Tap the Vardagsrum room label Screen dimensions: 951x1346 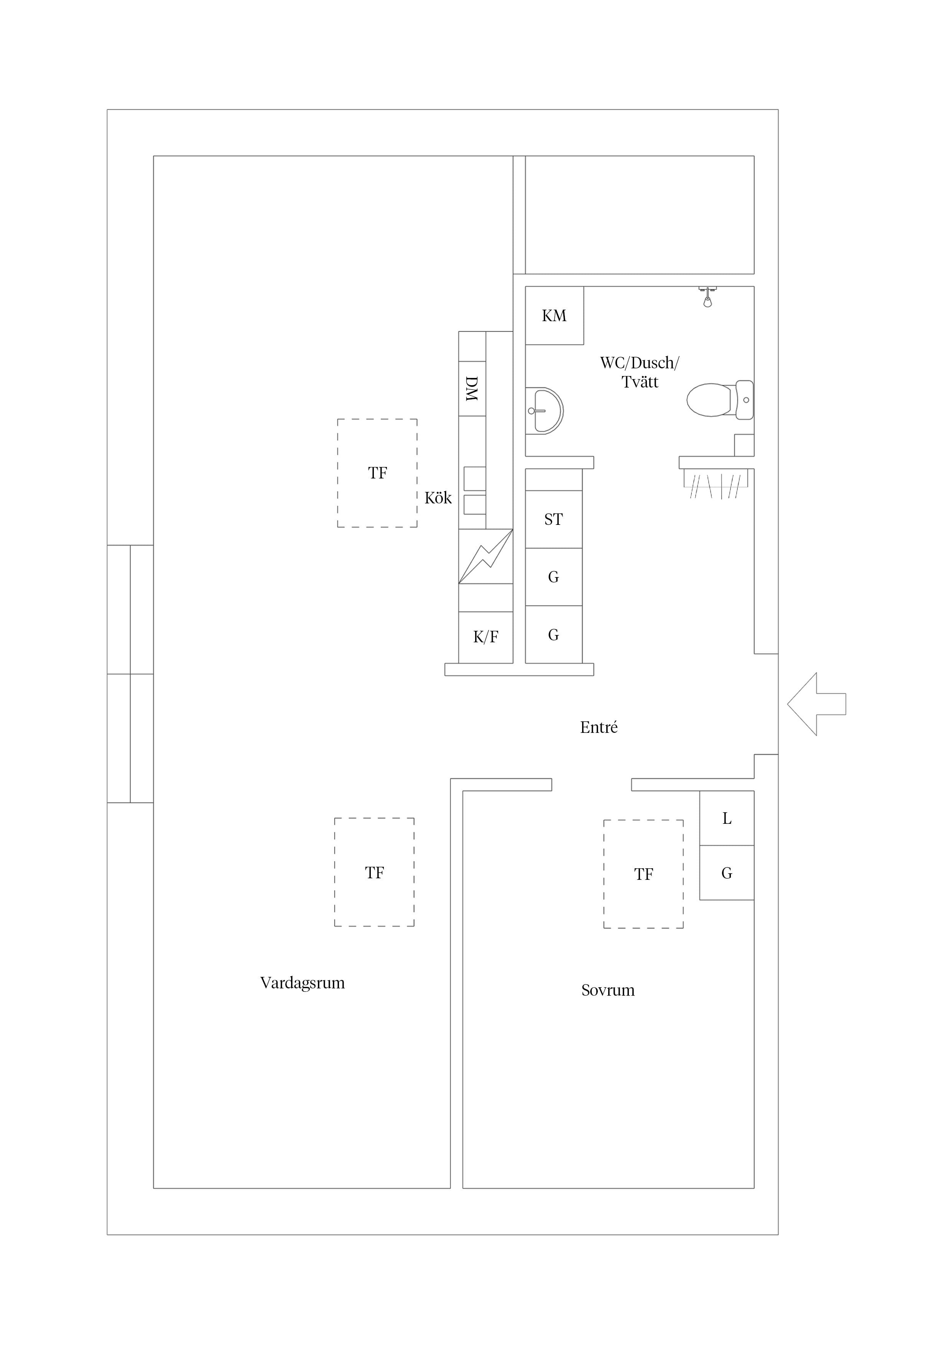(302, 983)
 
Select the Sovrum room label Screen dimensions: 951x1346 (608, 990)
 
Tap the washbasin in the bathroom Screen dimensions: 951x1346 (544, 411)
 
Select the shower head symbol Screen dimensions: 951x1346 (708, 297)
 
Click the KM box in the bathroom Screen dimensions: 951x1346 (554, 315)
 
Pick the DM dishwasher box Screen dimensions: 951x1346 (472, 389)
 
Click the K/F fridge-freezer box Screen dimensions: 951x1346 (486, 637)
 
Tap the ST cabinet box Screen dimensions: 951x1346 (554, 520)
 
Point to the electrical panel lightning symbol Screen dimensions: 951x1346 (486, 556)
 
